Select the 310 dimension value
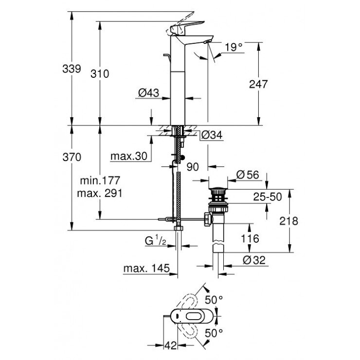point(100,73)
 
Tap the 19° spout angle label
point(234,47)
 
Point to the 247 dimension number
point(259,84)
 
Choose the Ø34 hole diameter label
point(211,135)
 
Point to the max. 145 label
point(146,268)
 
